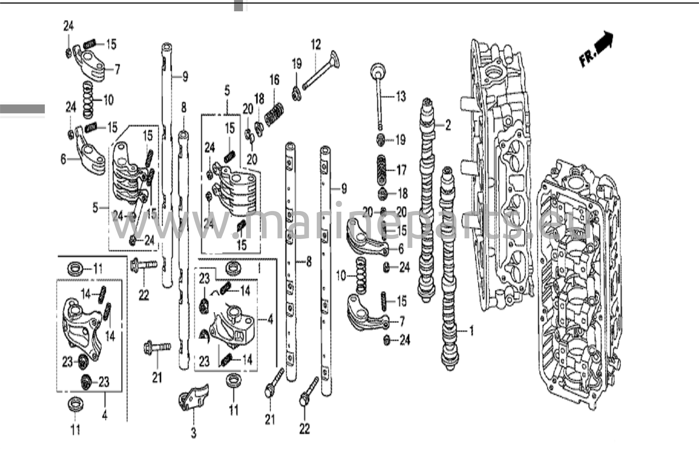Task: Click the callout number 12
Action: tap(316, 45)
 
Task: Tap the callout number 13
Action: tap(401, 97)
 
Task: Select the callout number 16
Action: tap(274, 80)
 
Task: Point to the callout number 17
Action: tap(401, 170)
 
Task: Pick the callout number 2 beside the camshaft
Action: tap(448, 125)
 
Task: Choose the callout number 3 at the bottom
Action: tap(194, 433)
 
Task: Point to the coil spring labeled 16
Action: tap(275, 115)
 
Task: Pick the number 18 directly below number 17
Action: tap(403, 194)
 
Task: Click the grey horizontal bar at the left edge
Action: tap(22, 109)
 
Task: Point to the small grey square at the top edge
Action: tap(239, 6)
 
